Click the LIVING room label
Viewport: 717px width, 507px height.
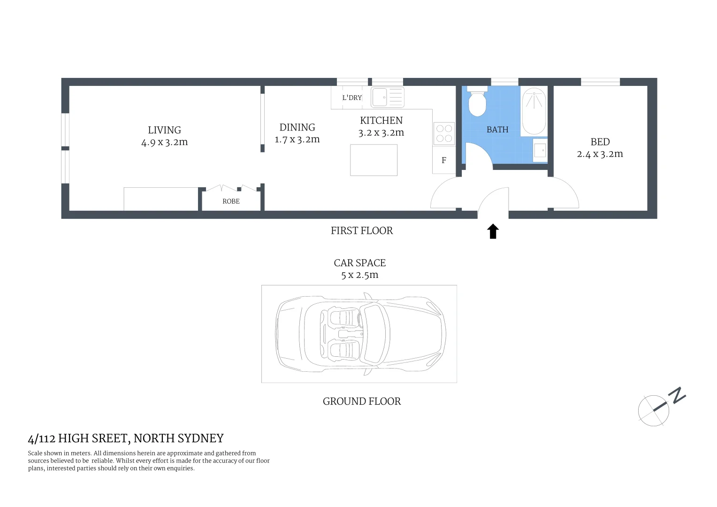(x=164, y=130)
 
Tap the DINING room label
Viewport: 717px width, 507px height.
(x=297, y=127)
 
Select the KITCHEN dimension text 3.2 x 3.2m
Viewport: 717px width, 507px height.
(x=381, y=133)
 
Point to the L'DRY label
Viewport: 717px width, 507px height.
(x=352, y=98)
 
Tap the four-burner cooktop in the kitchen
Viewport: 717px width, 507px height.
(x=444, y=133)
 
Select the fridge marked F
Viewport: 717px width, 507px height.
(x=444, y=161)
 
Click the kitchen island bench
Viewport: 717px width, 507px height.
(x=374, y=160)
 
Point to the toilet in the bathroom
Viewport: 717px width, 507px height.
(x=477, y=102)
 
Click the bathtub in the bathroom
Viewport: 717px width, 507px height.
(x=534, y=111)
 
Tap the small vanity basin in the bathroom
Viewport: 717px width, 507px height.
(x=540, y=150)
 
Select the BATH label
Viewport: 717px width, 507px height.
(x=497, y=130)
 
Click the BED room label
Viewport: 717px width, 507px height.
(x=600, y=142)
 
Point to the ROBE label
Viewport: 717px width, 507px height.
(x=231, y=201)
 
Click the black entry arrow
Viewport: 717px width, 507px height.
(x=493, y=231)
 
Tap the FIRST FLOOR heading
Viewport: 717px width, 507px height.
(x=362, y=230)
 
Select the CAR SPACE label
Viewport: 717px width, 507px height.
(x=360, y=263)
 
